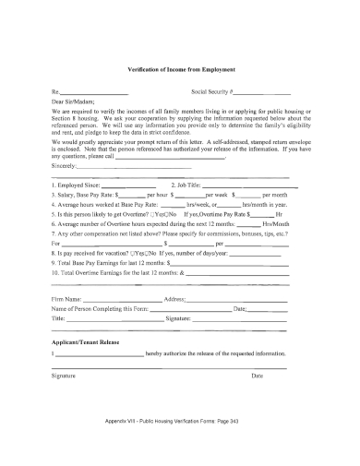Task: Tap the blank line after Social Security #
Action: tap(268, 93)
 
